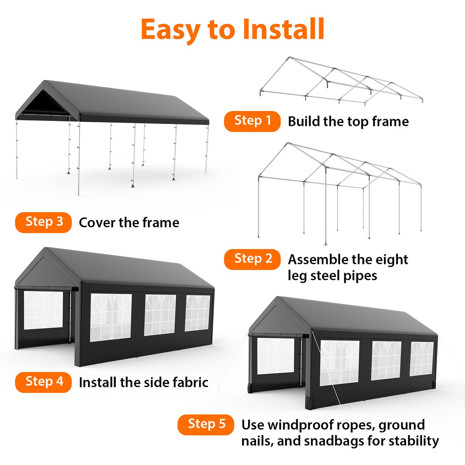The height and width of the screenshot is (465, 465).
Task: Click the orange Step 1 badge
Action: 252,121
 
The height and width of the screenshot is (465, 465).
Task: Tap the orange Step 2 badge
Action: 252,259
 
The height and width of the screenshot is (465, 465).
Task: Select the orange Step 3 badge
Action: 43,222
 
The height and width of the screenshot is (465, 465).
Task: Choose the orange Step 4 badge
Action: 43,382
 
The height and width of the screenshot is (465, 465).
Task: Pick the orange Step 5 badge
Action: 206,424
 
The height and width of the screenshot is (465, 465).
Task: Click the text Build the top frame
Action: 348,121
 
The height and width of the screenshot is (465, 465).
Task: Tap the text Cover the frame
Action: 129,223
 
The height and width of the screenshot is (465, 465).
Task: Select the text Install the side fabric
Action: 143,382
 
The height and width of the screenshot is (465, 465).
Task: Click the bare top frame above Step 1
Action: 341,82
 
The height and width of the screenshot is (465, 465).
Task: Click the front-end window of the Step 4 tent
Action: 43,310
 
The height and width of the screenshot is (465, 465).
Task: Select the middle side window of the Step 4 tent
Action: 160,314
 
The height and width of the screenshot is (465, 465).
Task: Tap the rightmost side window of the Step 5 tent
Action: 422,359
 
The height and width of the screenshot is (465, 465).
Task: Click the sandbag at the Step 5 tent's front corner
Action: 310,403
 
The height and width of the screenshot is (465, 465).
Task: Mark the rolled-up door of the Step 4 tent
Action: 46,288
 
